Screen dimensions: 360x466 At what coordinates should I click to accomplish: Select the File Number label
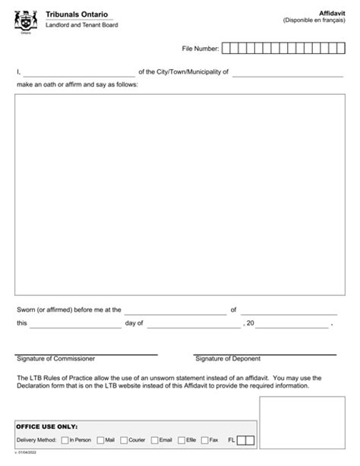tap(200, 49)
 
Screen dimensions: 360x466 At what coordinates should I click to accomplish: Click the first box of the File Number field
tap(226, 49)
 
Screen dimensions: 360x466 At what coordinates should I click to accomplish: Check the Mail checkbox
tap(100, 439)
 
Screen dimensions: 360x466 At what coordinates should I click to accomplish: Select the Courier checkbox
tap(124, 439)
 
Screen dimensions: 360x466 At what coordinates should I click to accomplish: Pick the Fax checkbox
tap(204, 439)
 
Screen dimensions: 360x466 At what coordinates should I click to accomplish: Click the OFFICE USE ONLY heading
tap(47, 426)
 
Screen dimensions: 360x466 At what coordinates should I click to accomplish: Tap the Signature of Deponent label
tap(227, 359)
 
